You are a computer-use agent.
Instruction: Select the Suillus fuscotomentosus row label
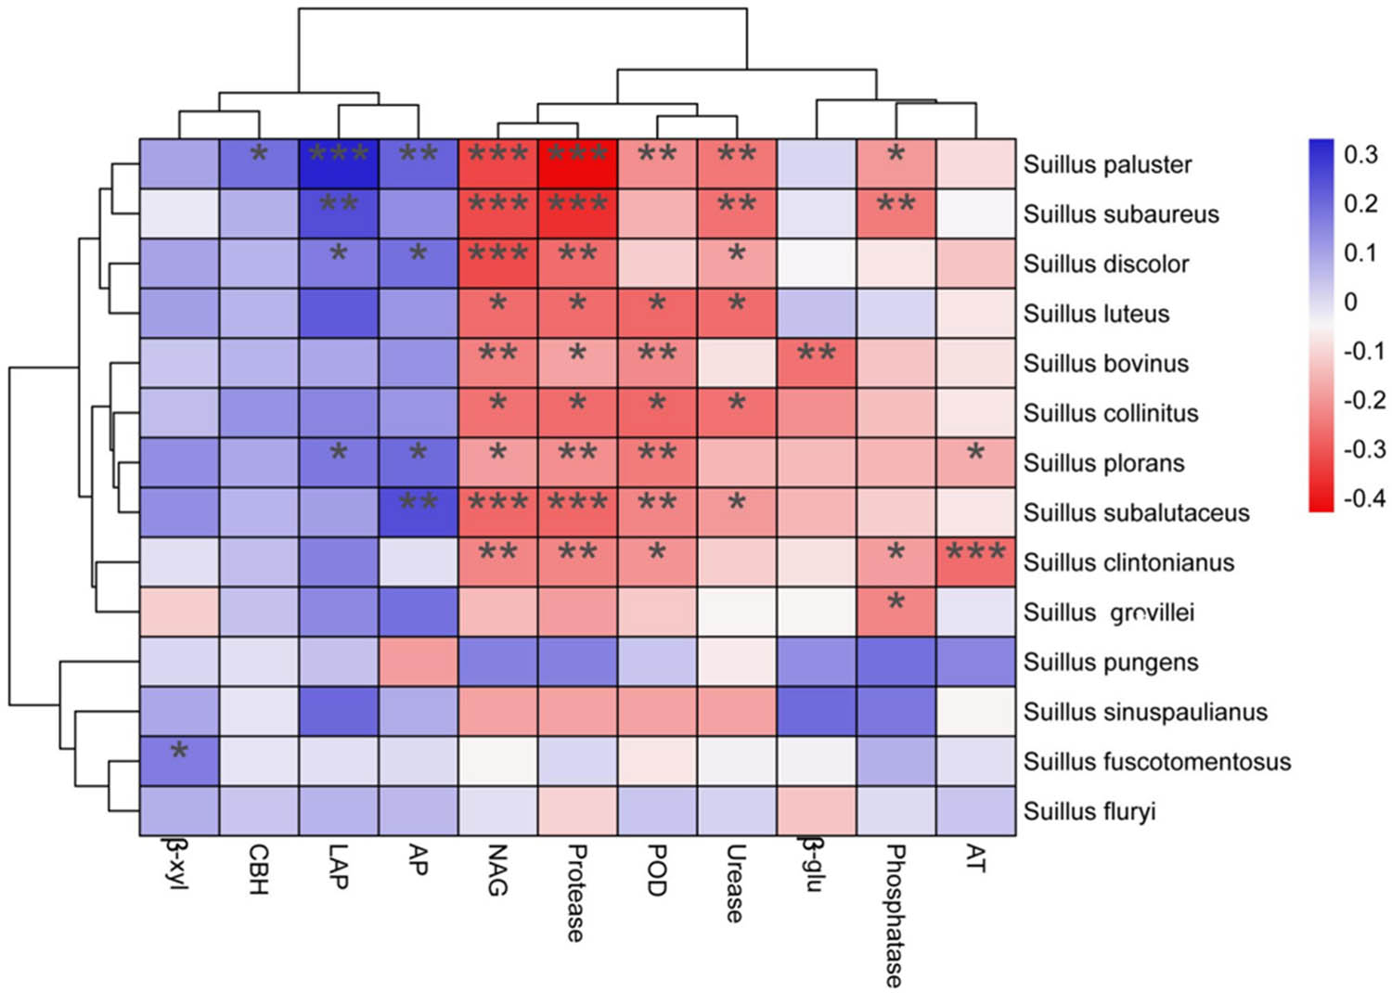pos(1156,762)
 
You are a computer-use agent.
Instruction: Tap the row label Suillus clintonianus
pos(1128,562)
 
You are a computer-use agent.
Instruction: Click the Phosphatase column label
pos(895,915)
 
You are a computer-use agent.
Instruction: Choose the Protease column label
pos(576,893)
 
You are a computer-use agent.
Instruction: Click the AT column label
pos(974,858)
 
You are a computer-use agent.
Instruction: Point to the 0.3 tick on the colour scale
pos(1360,154)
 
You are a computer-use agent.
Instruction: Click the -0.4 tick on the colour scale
pos(1364,498)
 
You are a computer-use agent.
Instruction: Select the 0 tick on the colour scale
pos(1350,302)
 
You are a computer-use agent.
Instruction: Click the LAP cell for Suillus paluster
pos(339,164)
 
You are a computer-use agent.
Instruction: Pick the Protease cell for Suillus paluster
pos(577,164)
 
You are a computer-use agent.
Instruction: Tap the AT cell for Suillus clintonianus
pos(975,562)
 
